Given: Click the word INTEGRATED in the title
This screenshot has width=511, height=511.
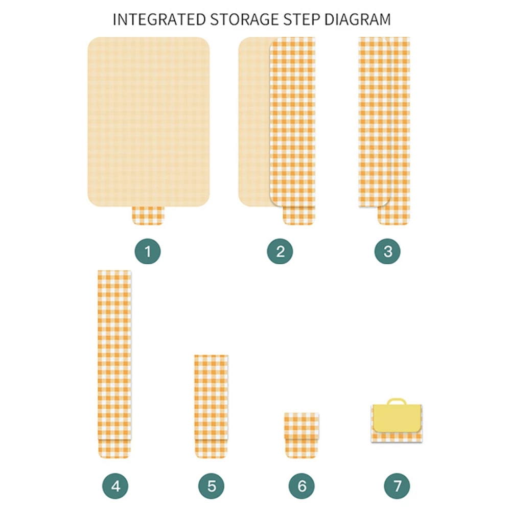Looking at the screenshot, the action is tap(159, 19).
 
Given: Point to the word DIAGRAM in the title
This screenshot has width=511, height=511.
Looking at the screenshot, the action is tap(358, 19).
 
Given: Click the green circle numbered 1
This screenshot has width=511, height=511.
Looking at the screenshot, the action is tap(148, 251).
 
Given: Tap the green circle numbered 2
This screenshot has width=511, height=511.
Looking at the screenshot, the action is tap(280, 251).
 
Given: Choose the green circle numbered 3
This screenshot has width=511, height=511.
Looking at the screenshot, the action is tap(387, 251).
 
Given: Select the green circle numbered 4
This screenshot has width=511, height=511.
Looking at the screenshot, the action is tap(115, 486).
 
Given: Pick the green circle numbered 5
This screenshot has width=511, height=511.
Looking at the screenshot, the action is tap(212, 486).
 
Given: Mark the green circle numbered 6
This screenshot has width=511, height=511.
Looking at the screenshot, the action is tap(302, 486).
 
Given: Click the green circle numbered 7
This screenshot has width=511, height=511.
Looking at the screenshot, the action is tap(397, 486).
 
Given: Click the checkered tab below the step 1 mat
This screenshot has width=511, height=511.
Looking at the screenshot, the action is tap(148, 216).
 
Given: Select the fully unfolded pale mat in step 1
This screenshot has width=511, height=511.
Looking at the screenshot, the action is tap(149, 122).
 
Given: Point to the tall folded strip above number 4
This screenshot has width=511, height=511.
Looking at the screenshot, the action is tap(114, 364).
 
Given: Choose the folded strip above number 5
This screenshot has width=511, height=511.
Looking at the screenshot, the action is tap(211, 406).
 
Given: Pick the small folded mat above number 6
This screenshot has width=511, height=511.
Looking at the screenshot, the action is tap(301, 435).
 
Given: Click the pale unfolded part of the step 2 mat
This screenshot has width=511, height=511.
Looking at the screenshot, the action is tap(254, 122).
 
